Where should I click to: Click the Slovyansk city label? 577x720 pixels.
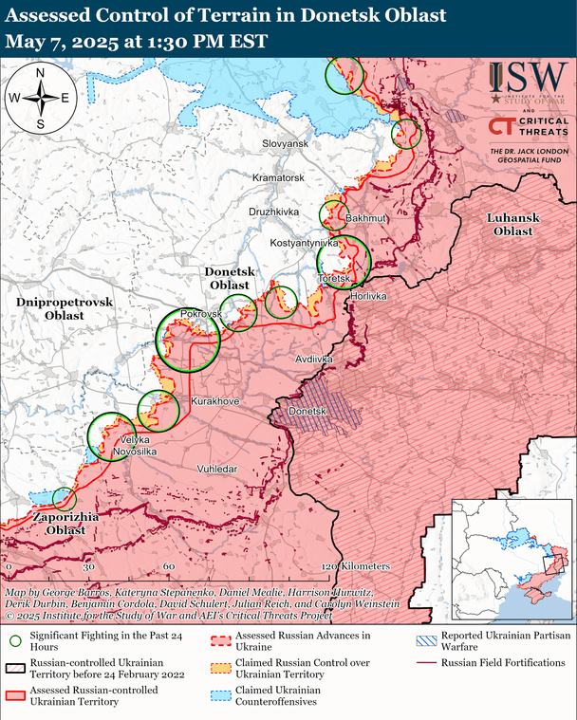tap(286, 142)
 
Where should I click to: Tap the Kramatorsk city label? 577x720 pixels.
tap(278, 177)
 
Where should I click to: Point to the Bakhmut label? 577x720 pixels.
tap(367, 218)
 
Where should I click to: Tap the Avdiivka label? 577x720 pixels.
tap(314, 360)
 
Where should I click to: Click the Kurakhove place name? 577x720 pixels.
tap(215, 402)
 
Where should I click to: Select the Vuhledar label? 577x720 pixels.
tap(216, 469)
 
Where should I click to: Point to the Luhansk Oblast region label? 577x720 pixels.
tap(512, 224)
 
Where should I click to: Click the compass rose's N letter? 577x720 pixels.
tap(41, 74)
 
